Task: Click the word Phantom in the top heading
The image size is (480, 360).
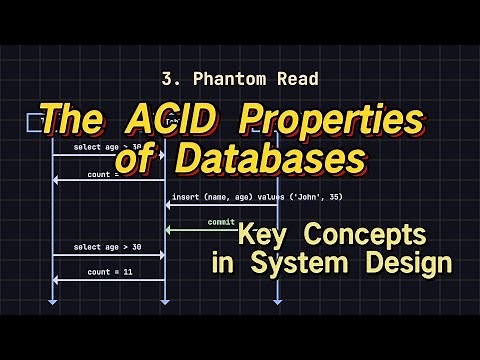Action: click(x=213, y=78)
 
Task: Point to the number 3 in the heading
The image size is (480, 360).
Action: click(x=165, y=78)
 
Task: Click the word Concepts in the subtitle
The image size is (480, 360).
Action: click(x=364, y=236)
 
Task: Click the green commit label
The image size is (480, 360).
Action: click(x=221, y=222)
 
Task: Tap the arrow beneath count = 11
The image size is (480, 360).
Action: click(x=108, y=280)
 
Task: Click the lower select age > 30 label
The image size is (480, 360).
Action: click(x=108, y=246)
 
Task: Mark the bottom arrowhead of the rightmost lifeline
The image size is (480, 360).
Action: click(x=277, y=299)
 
